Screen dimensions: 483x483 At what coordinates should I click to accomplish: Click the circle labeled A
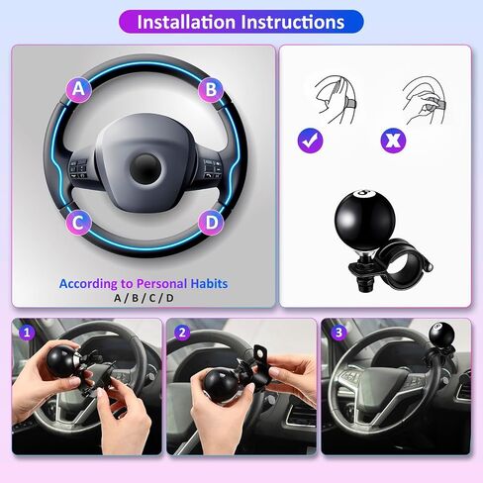78,89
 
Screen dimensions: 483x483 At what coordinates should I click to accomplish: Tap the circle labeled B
211,89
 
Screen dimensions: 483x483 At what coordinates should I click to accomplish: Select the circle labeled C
78,223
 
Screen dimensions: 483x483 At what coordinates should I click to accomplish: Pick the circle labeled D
211,223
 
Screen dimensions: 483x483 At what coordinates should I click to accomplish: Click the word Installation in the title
186,22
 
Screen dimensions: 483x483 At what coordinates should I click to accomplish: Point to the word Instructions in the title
293,22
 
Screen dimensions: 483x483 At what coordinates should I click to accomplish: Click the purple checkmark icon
310,141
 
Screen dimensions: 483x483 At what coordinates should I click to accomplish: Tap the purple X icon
393,141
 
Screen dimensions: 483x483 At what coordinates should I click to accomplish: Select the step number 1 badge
27,333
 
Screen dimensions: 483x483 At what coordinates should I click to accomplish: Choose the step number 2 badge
182,333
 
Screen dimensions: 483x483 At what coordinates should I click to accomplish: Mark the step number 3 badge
338,333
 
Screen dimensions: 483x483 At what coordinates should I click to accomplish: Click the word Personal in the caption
161,284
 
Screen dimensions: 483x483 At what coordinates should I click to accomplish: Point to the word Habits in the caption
209,284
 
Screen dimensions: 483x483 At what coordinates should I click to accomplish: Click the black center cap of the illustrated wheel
145,168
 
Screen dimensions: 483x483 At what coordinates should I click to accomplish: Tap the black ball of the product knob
364,220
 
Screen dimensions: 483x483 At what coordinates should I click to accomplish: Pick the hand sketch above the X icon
424,100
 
